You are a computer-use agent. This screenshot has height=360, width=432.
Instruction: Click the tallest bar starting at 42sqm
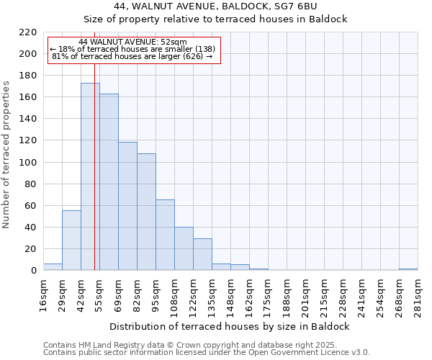pos(90,176)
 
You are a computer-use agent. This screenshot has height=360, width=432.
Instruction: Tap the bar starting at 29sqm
pos(71,240)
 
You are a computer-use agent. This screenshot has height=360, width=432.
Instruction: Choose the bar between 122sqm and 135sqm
pos(202,254)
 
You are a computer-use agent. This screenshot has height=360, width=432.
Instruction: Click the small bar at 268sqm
pos(408,269)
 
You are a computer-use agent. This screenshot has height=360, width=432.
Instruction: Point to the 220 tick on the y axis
pos(28,32)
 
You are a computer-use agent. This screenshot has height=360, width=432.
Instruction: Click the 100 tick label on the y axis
pos(28,163)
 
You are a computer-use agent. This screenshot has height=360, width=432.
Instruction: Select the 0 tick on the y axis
pos(33,271)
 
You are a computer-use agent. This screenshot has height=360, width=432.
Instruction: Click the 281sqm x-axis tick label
pos(418,294)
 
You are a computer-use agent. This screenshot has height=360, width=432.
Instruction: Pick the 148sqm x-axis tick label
pos(231,294)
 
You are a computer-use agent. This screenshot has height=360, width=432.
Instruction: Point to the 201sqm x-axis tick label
pos(306,294)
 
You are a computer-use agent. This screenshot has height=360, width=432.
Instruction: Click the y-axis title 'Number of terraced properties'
pos(6,155)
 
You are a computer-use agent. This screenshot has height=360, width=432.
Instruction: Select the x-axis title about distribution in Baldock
pos(230,326)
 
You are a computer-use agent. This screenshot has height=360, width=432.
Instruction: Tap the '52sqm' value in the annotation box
pos(175,42)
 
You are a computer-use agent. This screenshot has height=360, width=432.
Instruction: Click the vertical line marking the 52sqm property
pos(94,180)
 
